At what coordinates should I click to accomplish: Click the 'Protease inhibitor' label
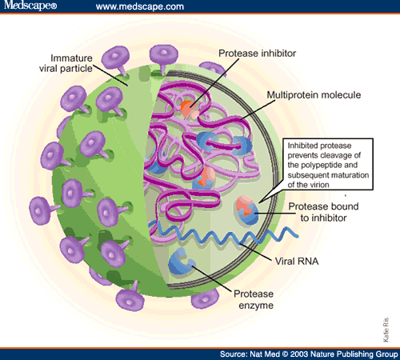[x=257, y=54]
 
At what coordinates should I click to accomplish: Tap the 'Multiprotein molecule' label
[x=314, y=95]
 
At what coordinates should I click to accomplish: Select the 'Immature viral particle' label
[x=66, y=63]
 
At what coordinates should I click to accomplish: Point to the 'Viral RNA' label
[x=297, y=262]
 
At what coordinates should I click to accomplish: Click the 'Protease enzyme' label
[x=254, y=299]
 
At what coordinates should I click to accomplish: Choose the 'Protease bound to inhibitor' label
[x=323, y=212]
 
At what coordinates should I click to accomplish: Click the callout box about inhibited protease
[x=328, y=164]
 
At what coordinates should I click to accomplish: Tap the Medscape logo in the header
[x=30, y=6]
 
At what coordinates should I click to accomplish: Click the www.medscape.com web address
[x=140, y=6]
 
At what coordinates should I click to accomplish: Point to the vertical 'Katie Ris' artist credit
[x=386, y=330]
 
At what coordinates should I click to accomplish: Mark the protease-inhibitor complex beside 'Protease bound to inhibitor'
[x=247, y=210]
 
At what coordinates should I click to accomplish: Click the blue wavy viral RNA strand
[x=224, y=234]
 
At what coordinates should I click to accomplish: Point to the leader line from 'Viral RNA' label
[x=256, y=251]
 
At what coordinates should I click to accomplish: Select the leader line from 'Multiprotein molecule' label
[x=257, y=110]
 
